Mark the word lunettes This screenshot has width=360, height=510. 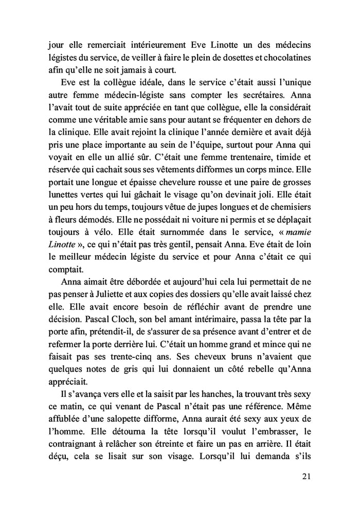point(58,196)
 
